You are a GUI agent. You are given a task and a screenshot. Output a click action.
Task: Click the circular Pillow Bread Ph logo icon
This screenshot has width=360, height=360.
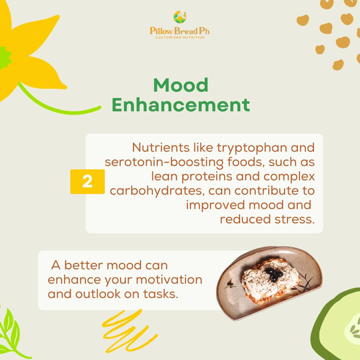coord(180,17)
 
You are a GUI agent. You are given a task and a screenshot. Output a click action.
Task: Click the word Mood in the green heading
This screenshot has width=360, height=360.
coord(181,85)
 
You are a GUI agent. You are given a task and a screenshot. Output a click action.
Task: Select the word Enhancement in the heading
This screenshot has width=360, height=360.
coord(181,105)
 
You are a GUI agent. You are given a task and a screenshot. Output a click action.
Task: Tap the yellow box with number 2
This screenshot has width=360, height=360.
coord(87,181)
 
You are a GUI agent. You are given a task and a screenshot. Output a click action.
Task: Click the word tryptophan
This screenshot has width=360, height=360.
coord(252,148)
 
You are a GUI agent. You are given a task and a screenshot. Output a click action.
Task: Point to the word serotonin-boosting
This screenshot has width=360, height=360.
coord(164,163)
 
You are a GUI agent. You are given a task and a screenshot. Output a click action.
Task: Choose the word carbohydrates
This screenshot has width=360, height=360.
coord(157,191)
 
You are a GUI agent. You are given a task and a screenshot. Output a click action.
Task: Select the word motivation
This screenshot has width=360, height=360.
coord(169,280)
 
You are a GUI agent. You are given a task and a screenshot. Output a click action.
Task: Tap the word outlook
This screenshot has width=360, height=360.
coord(98,294)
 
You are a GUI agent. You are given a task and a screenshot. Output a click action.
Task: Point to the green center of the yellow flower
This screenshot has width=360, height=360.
coord(5,58)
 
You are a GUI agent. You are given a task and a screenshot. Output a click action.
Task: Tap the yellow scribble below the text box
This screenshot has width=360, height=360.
coord(129,331)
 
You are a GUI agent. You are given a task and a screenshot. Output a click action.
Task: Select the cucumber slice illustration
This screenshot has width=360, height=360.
coord(337,326)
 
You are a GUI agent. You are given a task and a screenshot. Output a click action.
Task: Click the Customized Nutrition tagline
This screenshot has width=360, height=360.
coord(180,37)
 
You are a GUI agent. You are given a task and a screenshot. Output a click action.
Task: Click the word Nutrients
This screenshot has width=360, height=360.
coord(161,147)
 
